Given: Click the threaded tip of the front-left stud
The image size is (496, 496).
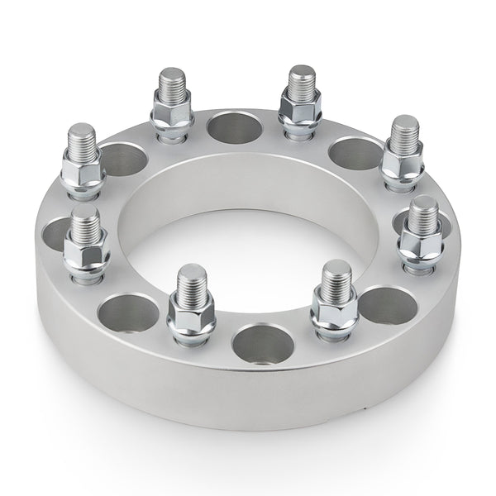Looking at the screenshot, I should (191, 281).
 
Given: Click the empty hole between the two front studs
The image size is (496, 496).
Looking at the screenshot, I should (263, 343).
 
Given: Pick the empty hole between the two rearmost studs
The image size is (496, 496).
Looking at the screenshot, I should (234, 127).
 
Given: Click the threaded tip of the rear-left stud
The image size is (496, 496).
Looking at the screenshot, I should (172, 83).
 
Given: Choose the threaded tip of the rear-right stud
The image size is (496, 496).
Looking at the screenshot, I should (302, 80).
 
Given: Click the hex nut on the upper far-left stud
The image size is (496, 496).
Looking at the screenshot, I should (83, 169).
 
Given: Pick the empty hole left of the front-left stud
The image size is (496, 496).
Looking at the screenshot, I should (127, 312).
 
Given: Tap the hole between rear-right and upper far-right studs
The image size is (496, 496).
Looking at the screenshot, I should (355, 153).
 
